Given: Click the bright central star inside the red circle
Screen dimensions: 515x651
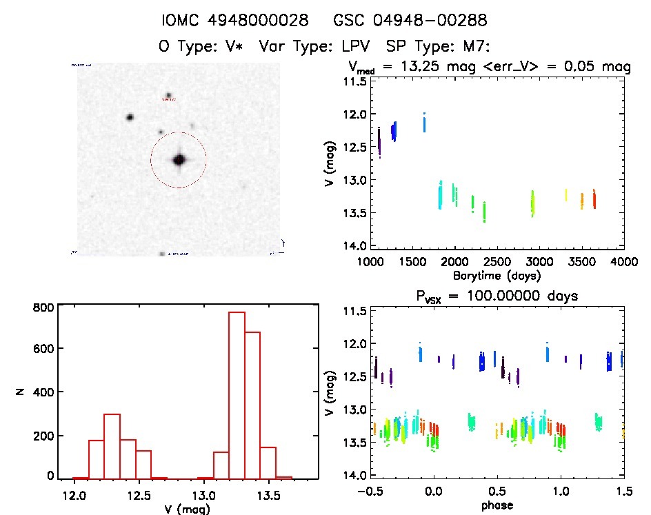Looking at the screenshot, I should coord(179,160).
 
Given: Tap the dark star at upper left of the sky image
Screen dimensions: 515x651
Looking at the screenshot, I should coord(129,117).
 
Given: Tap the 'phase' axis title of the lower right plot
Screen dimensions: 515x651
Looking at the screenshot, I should coord(497,505).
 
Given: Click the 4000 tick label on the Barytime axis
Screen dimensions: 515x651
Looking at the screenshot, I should coord(623,262).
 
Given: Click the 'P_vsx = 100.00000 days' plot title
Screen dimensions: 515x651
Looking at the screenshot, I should coord(491,296).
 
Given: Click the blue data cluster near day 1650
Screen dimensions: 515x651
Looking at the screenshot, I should coord(424,123).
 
